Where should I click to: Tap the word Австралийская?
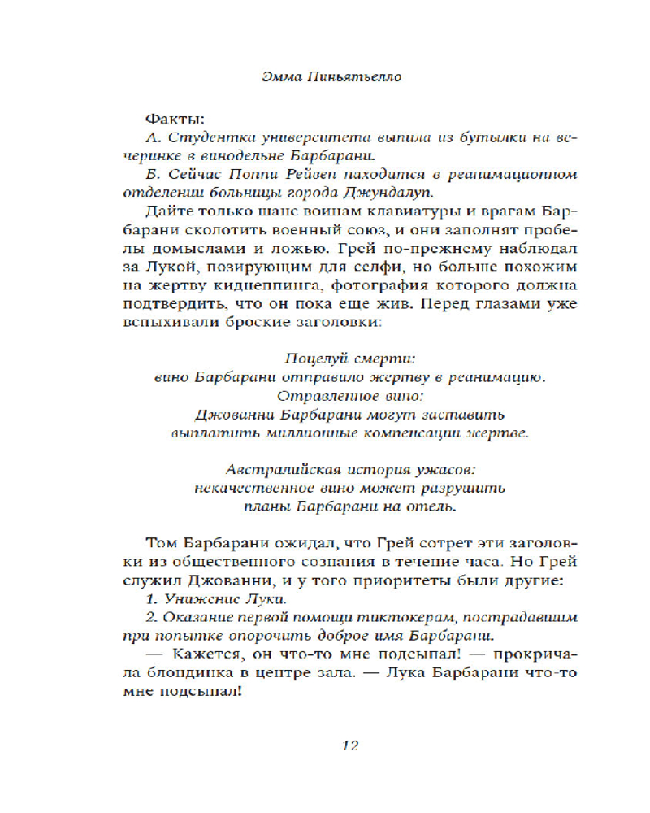271,471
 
